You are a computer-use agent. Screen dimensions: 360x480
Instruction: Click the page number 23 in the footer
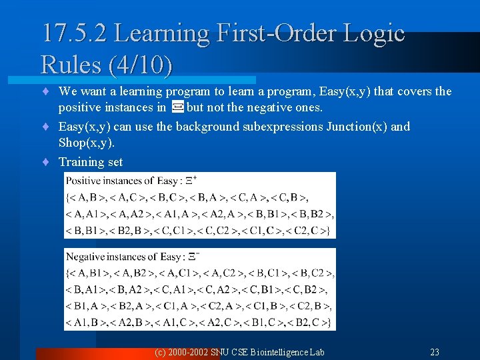point(434,352)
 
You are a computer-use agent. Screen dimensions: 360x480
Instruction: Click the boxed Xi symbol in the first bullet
point(177,107)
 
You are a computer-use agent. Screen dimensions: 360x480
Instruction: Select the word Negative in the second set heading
point(86,257)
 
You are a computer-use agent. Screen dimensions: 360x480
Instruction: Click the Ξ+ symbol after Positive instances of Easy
point(191,180)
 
